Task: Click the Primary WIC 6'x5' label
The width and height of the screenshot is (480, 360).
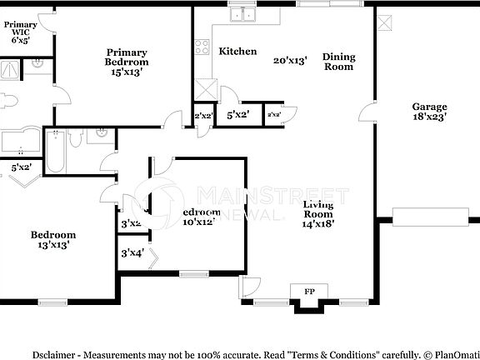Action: [20, 31]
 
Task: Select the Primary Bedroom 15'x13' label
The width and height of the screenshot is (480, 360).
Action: [127, 56]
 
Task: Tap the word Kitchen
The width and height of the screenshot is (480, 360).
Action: [237, 52]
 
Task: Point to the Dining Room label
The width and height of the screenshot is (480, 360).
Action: [339, 62]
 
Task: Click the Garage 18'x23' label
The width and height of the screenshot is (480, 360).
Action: [430, 112]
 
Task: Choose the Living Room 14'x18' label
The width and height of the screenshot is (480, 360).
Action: [318, 214]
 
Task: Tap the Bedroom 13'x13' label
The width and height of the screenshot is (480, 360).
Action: [53, 240]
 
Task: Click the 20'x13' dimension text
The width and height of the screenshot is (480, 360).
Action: [290, 60]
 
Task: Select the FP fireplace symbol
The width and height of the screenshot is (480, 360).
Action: [309, 292]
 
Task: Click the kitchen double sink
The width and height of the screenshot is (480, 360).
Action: [242, 14]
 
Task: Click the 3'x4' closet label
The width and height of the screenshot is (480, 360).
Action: [132, 252]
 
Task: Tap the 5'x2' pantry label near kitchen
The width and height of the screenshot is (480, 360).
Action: [237, 115]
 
